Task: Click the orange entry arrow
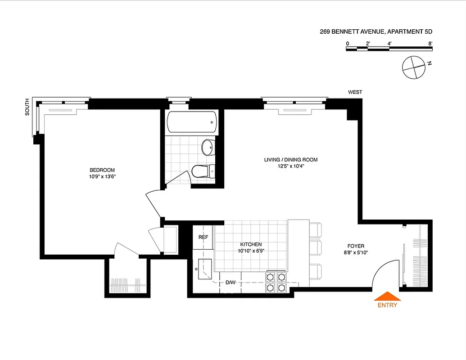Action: (x=387, y=296)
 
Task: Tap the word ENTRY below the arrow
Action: (x=387, y=306)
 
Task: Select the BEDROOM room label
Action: (x=102, y=170)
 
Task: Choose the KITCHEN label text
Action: (x=251, y=244)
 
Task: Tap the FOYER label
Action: (x=355, y=246)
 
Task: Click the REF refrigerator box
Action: (x=204, y=237)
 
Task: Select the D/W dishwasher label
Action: (x=231, y=283)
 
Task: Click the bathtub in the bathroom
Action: (x=192, y=122)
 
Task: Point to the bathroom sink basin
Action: (x=208, y=147)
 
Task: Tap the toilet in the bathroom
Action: (x=202, y=171)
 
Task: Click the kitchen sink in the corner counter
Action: (x=204, y=269)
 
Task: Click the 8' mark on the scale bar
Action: (x=430, y=43)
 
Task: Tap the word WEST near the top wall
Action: (x=355, y=92)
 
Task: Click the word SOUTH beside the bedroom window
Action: (x=27, y=107)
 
